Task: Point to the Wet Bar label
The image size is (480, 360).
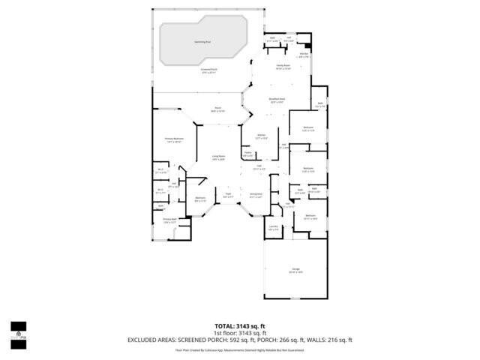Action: (x=304, y=55)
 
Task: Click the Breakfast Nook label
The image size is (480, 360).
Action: (x=276, y=100)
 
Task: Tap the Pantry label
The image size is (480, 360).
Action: (x=247, y=154)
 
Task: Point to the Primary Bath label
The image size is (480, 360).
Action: (x=169, y=220)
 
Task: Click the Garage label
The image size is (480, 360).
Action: (x=295, y=271)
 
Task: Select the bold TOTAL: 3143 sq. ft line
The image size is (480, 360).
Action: (x=239, y=325)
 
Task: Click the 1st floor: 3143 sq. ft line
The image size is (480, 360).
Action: (x=239, y=332)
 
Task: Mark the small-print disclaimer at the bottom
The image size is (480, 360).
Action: (x=239, y=349)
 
